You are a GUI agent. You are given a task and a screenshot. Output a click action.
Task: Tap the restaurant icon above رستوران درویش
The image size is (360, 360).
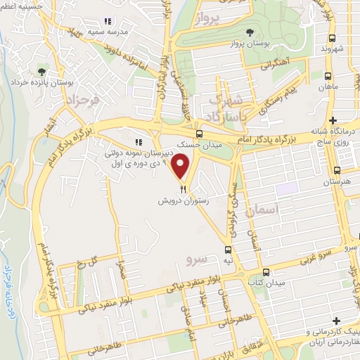click(183, 188)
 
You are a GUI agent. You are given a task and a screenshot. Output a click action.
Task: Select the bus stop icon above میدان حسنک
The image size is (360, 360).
click(199, 133)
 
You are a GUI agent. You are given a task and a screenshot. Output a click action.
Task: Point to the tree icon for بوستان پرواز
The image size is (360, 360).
click(250, 32)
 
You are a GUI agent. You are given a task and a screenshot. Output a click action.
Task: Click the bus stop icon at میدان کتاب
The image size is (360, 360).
click(265, 272)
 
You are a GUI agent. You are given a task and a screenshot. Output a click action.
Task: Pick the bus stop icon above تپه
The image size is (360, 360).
click(228, 250)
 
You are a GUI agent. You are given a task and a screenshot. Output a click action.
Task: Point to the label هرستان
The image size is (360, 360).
click(337, 181)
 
